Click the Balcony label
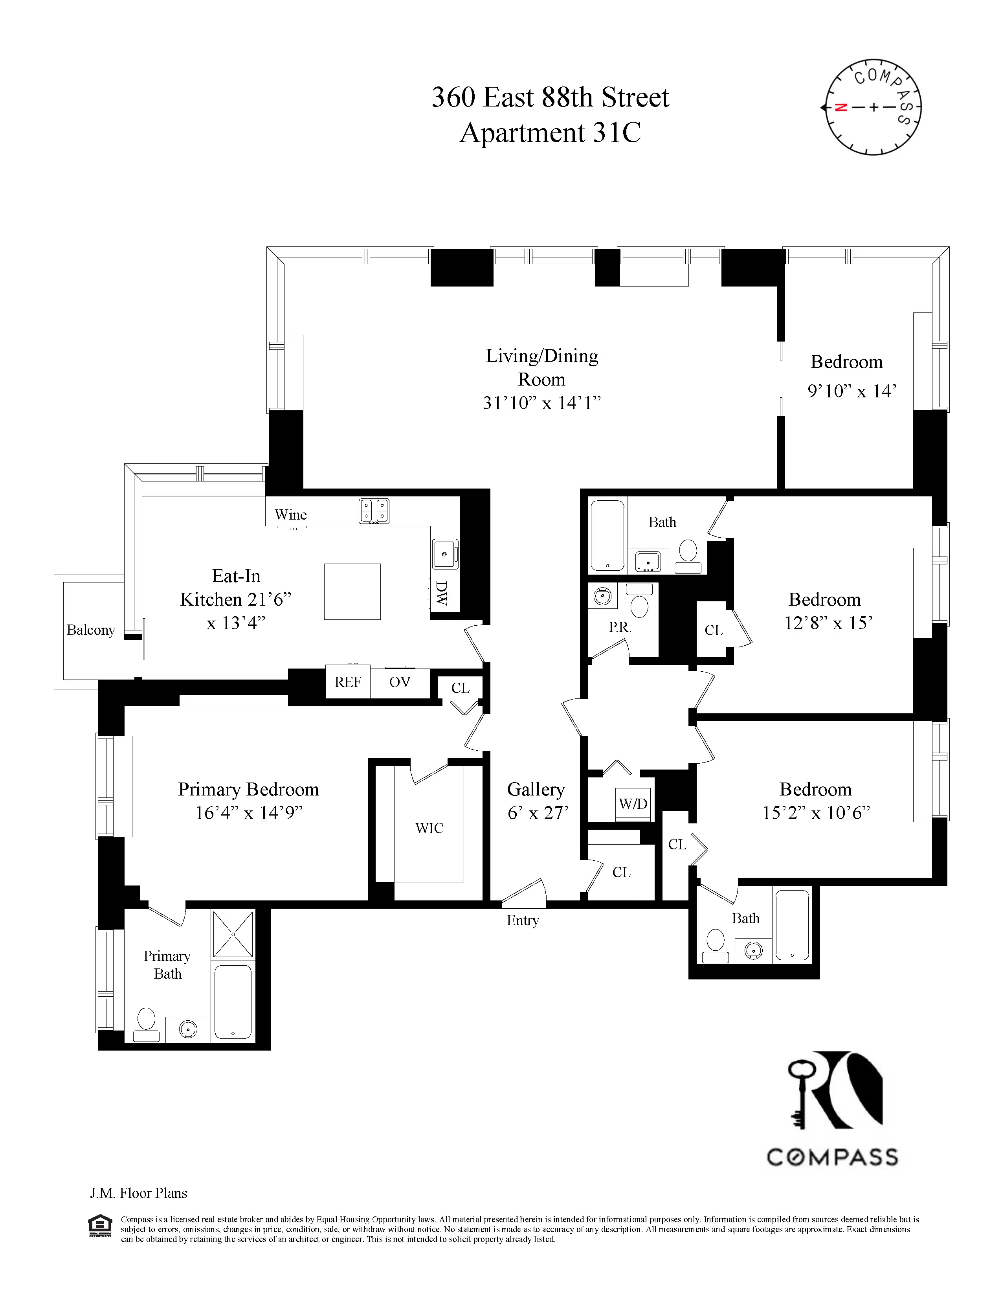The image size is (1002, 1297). tap(90, 630)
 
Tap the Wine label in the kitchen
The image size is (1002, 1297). tap(290, 514)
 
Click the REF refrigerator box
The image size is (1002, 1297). tap(348, 682)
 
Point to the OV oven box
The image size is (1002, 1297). tap(400, 682)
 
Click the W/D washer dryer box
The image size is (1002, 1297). tap(633, 803)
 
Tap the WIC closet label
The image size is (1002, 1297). tap(429, 828)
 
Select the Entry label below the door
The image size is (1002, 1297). tap(522, 920)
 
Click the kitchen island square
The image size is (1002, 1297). tap(352, 592)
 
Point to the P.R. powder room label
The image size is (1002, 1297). tap(619, 627)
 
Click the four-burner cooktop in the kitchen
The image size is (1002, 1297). tap(374, 511)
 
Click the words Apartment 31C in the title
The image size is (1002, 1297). tap(550, 132)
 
